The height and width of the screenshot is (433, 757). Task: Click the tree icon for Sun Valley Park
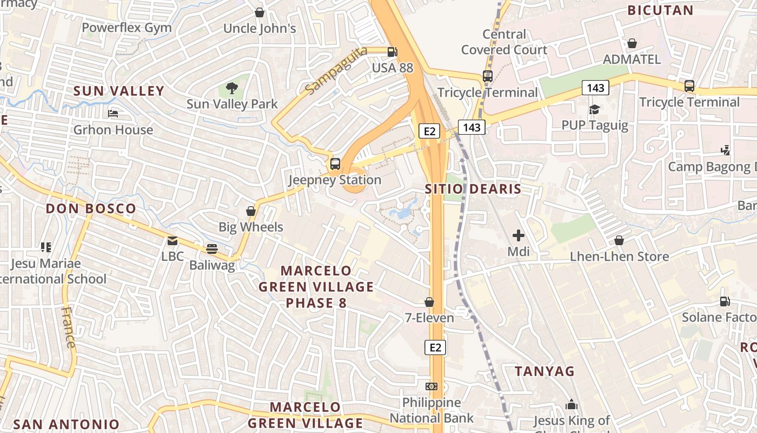tap(232, 88)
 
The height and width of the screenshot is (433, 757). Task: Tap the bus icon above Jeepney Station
tap(335, 163)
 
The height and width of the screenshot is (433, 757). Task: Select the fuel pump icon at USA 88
tap(393, 52)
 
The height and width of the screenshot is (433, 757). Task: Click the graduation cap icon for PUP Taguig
tap(595, 110)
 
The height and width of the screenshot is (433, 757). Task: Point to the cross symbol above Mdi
tap(518, 235)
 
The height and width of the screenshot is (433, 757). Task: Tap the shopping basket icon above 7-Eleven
tap(429, 302)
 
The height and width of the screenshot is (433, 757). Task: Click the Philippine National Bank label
tap(431, 410)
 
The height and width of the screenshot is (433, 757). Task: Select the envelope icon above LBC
tap(172, 241)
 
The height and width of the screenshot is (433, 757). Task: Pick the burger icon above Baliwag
tap(212, 249)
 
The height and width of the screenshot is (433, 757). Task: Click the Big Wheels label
tap(251, 227)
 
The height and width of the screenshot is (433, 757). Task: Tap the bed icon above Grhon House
tap(113, 114)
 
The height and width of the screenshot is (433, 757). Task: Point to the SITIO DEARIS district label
tap(473, 189)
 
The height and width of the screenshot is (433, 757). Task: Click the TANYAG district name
tap(544, 371)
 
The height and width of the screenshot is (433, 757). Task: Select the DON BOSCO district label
tap(91, 208)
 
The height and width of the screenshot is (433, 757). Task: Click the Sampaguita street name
tap(335, 70)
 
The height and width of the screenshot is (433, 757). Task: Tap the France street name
tap(69, 327)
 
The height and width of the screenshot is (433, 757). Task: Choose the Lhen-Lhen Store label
tap(619, 256)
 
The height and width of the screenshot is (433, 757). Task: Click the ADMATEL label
tap(632, 59)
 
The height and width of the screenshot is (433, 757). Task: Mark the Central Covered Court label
tap(504, 42)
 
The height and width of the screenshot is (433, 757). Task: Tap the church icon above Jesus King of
tap(572, 404)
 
